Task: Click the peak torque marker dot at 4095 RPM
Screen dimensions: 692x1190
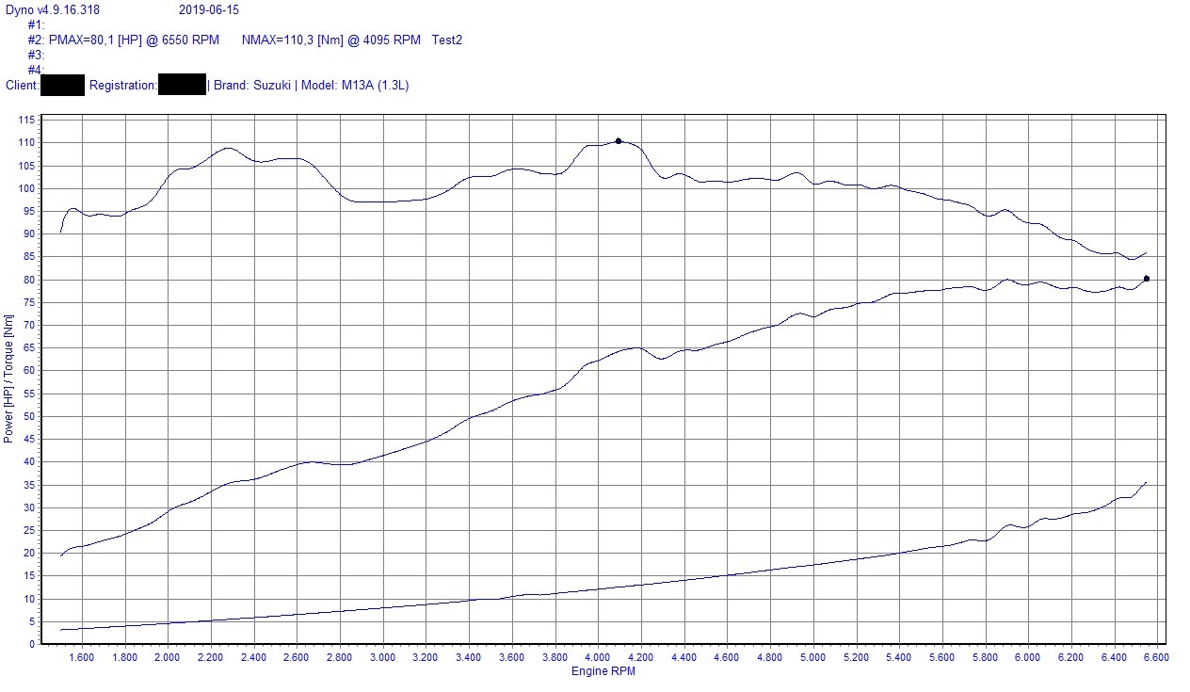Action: point(619,141)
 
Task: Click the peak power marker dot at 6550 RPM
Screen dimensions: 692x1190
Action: point(1146,279)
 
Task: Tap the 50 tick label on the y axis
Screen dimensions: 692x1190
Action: point(29,416)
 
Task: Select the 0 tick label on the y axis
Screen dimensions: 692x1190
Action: point(32,644)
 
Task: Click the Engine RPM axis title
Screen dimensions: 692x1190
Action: point(603,671)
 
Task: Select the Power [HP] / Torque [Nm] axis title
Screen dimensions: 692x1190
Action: point(8,379)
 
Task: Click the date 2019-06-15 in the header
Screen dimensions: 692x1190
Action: point(208,9)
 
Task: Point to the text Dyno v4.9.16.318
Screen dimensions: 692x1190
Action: point(53,9)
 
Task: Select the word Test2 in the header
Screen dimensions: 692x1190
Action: point(446,40)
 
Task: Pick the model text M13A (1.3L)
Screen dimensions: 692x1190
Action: point(375,86)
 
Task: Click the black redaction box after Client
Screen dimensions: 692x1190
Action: point(63,85)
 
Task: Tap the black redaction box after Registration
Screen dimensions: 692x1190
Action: point(182,85)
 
